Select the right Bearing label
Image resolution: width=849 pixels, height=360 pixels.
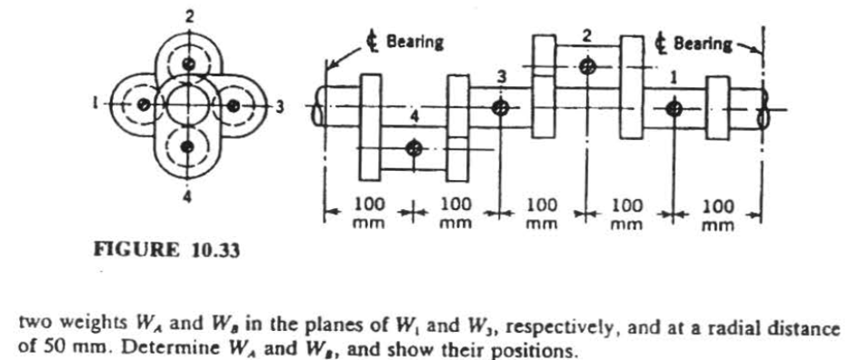coord(704,42)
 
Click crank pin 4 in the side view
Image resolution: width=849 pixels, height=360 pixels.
coord(414,148)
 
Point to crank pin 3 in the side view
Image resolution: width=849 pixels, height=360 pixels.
coord(500,108)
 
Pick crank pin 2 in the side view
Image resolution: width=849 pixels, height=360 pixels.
coord(588,66)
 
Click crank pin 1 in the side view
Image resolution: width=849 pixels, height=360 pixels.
coord(674,108)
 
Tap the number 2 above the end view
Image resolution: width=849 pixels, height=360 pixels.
coord(190,13)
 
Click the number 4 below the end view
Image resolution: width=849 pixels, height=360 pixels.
coord(189,200)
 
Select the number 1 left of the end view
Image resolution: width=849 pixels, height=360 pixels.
coord(96,105)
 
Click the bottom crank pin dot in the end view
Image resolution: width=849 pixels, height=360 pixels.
coord(190,147)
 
